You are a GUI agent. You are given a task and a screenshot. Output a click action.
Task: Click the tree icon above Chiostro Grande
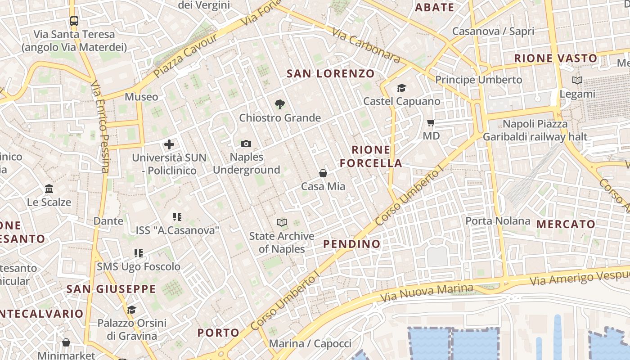coord(280,104)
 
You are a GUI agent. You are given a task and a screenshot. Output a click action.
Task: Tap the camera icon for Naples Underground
coord(246,144)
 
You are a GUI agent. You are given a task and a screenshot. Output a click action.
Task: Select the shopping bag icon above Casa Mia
coord(323,173)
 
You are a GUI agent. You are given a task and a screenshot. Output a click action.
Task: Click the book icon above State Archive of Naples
coord(282,222)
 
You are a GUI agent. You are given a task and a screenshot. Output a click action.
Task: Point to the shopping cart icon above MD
coord(431,122)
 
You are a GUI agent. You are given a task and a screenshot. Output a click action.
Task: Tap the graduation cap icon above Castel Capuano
coord(401,88)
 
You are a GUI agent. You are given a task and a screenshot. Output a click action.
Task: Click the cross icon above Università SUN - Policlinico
coord(169,144)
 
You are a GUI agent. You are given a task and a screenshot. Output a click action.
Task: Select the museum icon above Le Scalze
coord(49,189)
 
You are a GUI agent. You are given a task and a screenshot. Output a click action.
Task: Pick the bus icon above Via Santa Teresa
coord(74,21)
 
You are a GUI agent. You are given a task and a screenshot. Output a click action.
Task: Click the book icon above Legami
coord(577,81)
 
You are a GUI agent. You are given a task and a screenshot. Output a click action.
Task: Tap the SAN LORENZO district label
coord(331,73)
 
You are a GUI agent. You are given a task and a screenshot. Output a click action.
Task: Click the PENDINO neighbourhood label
coord(352,244)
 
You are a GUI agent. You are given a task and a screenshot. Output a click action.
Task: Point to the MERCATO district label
coord(566,224)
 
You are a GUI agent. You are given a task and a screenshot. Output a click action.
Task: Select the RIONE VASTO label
coord(556,58)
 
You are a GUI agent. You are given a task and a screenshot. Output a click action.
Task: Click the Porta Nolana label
coord(498,221)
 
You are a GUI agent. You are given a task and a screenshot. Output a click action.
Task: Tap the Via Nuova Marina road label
coord(427,293)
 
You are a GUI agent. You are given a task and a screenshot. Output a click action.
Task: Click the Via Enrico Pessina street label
coord(100,127)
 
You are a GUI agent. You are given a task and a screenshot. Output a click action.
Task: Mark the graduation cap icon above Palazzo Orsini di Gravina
coord(131,310)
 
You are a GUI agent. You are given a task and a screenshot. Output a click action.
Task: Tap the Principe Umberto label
coord(478,80)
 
